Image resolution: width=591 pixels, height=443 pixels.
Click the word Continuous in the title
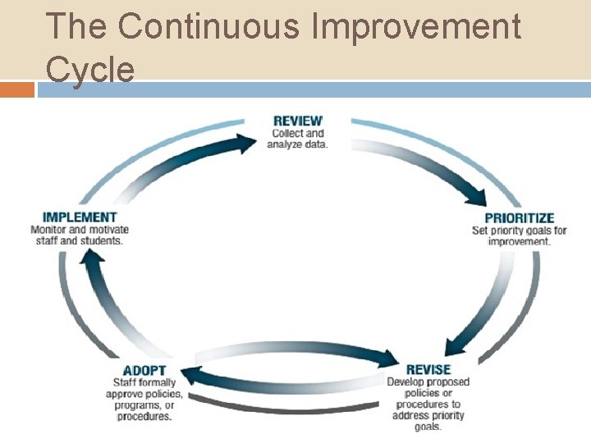coord(208,26)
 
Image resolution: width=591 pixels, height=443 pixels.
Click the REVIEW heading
coord(297,121)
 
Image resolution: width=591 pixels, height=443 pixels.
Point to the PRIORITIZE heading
coord(520,218)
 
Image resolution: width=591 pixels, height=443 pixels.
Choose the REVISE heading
coord(428,370)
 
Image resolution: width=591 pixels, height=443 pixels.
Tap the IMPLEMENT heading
coord(80,217)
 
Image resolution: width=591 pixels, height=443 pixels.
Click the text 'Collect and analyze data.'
coord(297,139)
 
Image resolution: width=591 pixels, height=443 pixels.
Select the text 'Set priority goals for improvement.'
coord(520,235)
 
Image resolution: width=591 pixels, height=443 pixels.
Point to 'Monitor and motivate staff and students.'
coord(80,235)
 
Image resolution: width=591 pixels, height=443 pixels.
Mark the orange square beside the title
coord(17,89)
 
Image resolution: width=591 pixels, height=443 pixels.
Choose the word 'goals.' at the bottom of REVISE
coord(428,427)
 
